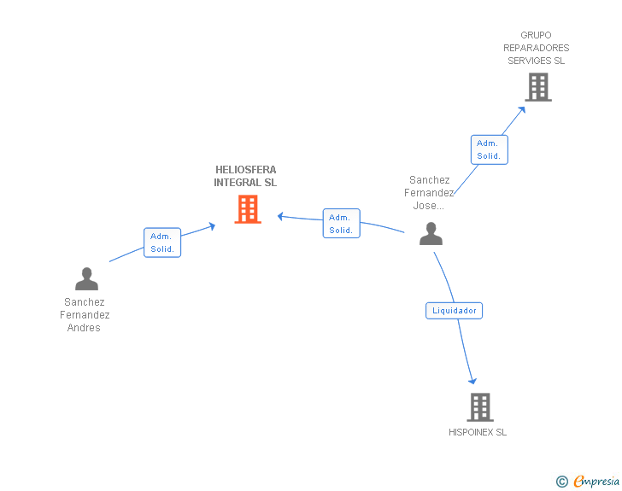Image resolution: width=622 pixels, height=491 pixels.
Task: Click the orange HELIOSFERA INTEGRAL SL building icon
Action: tap(248, 209)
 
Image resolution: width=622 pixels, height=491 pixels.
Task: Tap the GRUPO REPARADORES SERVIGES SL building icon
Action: tap(537, 87)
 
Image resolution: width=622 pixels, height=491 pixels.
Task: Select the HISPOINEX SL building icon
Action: tap(480, 407)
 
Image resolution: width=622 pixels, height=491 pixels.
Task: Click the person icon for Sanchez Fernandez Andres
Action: tap(86, 279)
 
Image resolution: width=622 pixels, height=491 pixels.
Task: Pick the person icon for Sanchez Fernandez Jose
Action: tap(431, 233)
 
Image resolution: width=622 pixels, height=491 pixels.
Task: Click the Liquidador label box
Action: tap(455, 311)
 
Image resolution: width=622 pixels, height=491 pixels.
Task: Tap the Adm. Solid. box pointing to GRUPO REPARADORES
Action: tap(489, 149)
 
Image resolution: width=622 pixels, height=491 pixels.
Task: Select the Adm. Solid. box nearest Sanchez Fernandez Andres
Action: tap(162, 243)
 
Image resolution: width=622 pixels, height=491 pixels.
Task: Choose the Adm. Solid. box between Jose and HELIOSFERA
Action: tap(341, 224)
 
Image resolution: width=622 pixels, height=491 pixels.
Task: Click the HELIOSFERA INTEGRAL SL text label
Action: tap(245, 176)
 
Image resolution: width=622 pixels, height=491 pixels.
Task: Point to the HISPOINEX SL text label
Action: tap(478, 432)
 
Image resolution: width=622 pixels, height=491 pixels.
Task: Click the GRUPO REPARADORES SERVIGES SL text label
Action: tap(537, 48)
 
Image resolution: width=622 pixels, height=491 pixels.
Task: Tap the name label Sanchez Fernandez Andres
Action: tap(85, 315)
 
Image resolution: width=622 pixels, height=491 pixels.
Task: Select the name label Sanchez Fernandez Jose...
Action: tap(430, 193)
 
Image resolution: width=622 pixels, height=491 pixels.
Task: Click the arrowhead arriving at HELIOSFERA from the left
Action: tap(211, 226)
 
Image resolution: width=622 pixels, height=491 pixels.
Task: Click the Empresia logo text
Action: tap(596, 482)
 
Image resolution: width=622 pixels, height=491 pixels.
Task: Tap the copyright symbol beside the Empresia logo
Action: tap(561, 482)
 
